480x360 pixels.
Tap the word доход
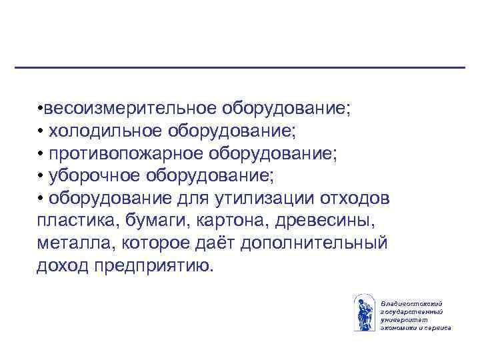tap(60, 267)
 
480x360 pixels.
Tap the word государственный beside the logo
tap(411, 312)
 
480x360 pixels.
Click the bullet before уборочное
tap(41, 177)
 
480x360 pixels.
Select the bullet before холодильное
tap(41, 131)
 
